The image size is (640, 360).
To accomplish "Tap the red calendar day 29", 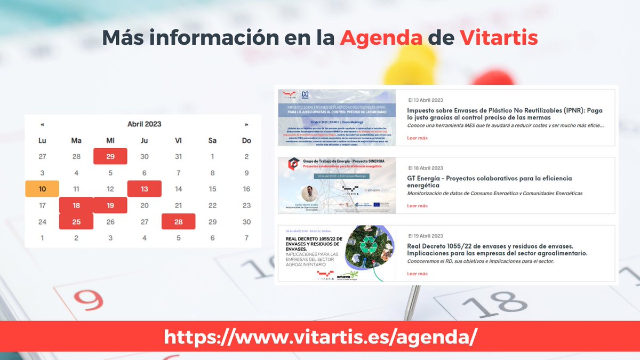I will click(110, 156).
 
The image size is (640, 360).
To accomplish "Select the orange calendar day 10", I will click(42, 189).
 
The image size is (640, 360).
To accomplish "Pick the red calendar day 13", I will click(144, 189).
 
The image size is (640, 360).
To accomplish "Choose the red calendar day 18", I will click(76, 205).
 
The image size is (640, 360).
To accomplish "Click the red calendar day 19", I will click(110, 205).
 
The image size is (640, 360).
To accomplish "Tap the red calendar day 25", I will click(76, 221).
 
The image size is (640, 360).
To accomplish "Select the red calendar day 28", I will click(178, 221).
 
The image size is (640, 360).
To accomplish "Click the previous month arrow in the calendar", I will click(42, 124).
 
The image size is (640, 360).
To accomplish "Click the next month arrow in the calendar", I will click(246, 124).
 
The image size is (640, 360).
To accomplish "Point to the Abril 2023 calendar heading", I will click(144, 124).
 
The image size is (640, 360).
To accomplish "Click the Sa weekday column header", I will click(212, 140).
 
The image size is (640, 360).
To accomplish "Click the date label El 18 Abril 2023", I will click(426, 168).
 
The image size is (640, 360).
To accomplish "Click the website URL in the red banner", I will click(320, 337).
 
